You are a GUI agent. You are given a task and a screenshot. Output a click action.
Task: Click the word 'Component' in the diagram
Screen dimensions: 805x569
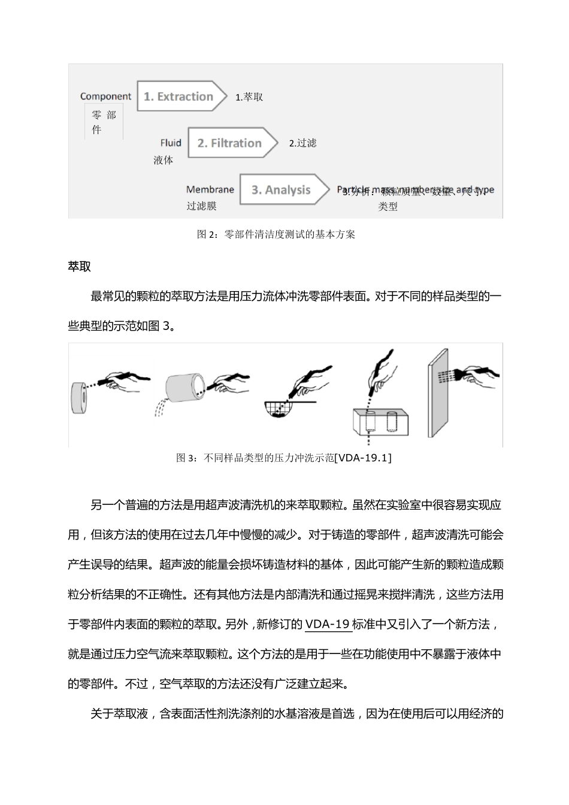click(x=105, y=96)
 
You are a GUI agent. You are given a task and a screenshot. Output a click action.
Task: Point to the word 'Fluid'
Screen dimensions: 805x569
click(x=171, y=143)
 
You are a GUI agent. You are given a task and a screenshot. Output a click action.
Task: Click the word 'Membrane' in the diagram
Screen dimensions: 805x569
click(x=210, y=190)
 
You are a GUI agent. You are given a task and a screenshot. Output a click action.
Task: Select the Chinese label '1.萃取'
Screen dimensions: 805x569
click(x=249, y=97)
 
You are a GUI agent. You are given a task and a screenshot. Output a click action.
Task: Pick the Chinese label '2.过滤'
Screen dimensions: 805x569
click(x=302, y=143)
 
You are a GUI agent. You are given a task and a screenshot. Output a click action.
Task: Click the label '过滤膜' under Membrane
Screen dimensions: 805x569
click(x=201, y=206)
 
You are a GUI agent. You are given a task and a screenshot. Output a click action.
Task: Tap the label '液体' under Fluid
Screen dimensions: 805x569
click(x=163, y=160)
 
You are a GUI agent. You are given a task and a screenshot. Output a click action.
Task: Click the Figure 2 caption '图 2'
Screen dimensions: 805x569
click(x=205, y=235)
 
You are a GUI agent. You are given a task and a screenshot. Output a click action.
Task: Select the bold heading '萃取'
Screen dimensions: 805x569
click(x=80, y=267)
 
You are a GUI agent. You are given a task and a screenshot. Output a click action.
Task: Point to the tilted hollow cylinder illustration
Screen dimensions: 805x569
click(x=184, y=392)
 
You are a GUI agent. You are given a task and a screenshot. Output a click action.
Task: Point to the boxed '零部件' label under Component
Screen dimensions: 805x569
click(x=104, y=122)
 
